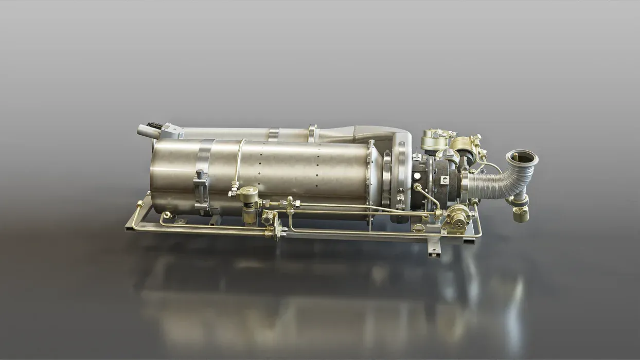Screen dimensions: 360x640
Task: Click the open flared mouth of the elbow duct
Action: click(x=522, y=157)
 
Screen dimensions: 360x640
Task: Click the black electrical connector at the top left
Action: click(x=154, y=125)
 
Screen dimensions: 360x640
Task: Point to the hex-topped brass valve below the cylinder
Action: click(x=249, y=196)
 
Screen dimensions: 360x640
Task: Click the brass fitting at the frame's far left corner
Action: click(x=139, y=205)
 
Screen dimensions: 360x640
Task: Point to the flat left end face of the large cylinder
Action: click(x=161, y=175)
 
